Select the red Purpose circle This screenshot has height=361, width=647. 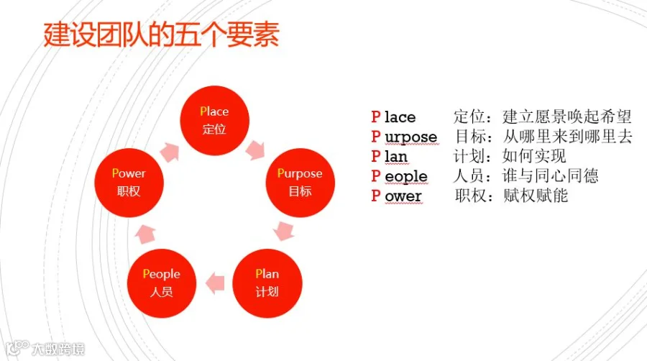[300, 183]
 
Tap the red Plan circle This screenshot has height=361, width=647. [267, 283]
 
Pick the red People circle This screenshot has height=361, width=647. [161, 283]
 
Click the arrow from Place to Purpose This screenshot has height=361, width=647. [255, 150]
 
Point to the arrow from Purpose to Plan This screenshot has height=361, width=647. [285, 232]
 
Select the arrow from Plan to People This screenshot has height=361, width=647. [214, 283]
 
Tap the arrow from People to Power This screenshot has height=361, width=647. [146, 232]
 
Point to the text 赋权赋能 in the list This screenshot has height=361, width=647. [536, 196]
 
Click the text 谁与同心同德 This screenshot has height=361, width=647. [551, 176]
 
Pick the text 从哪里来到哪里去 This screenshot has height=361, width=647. [568, 137]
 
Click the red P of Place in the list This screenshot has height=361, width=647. [375, 116]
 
